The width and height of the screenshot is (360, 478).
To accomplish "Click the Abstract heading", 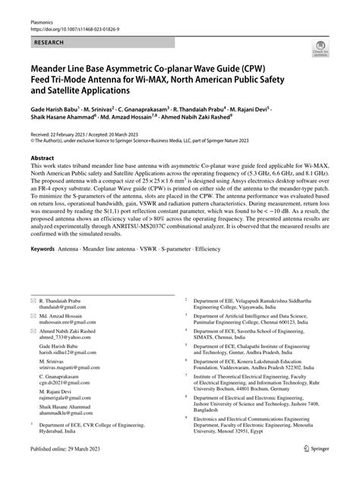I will pos(43,158).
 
